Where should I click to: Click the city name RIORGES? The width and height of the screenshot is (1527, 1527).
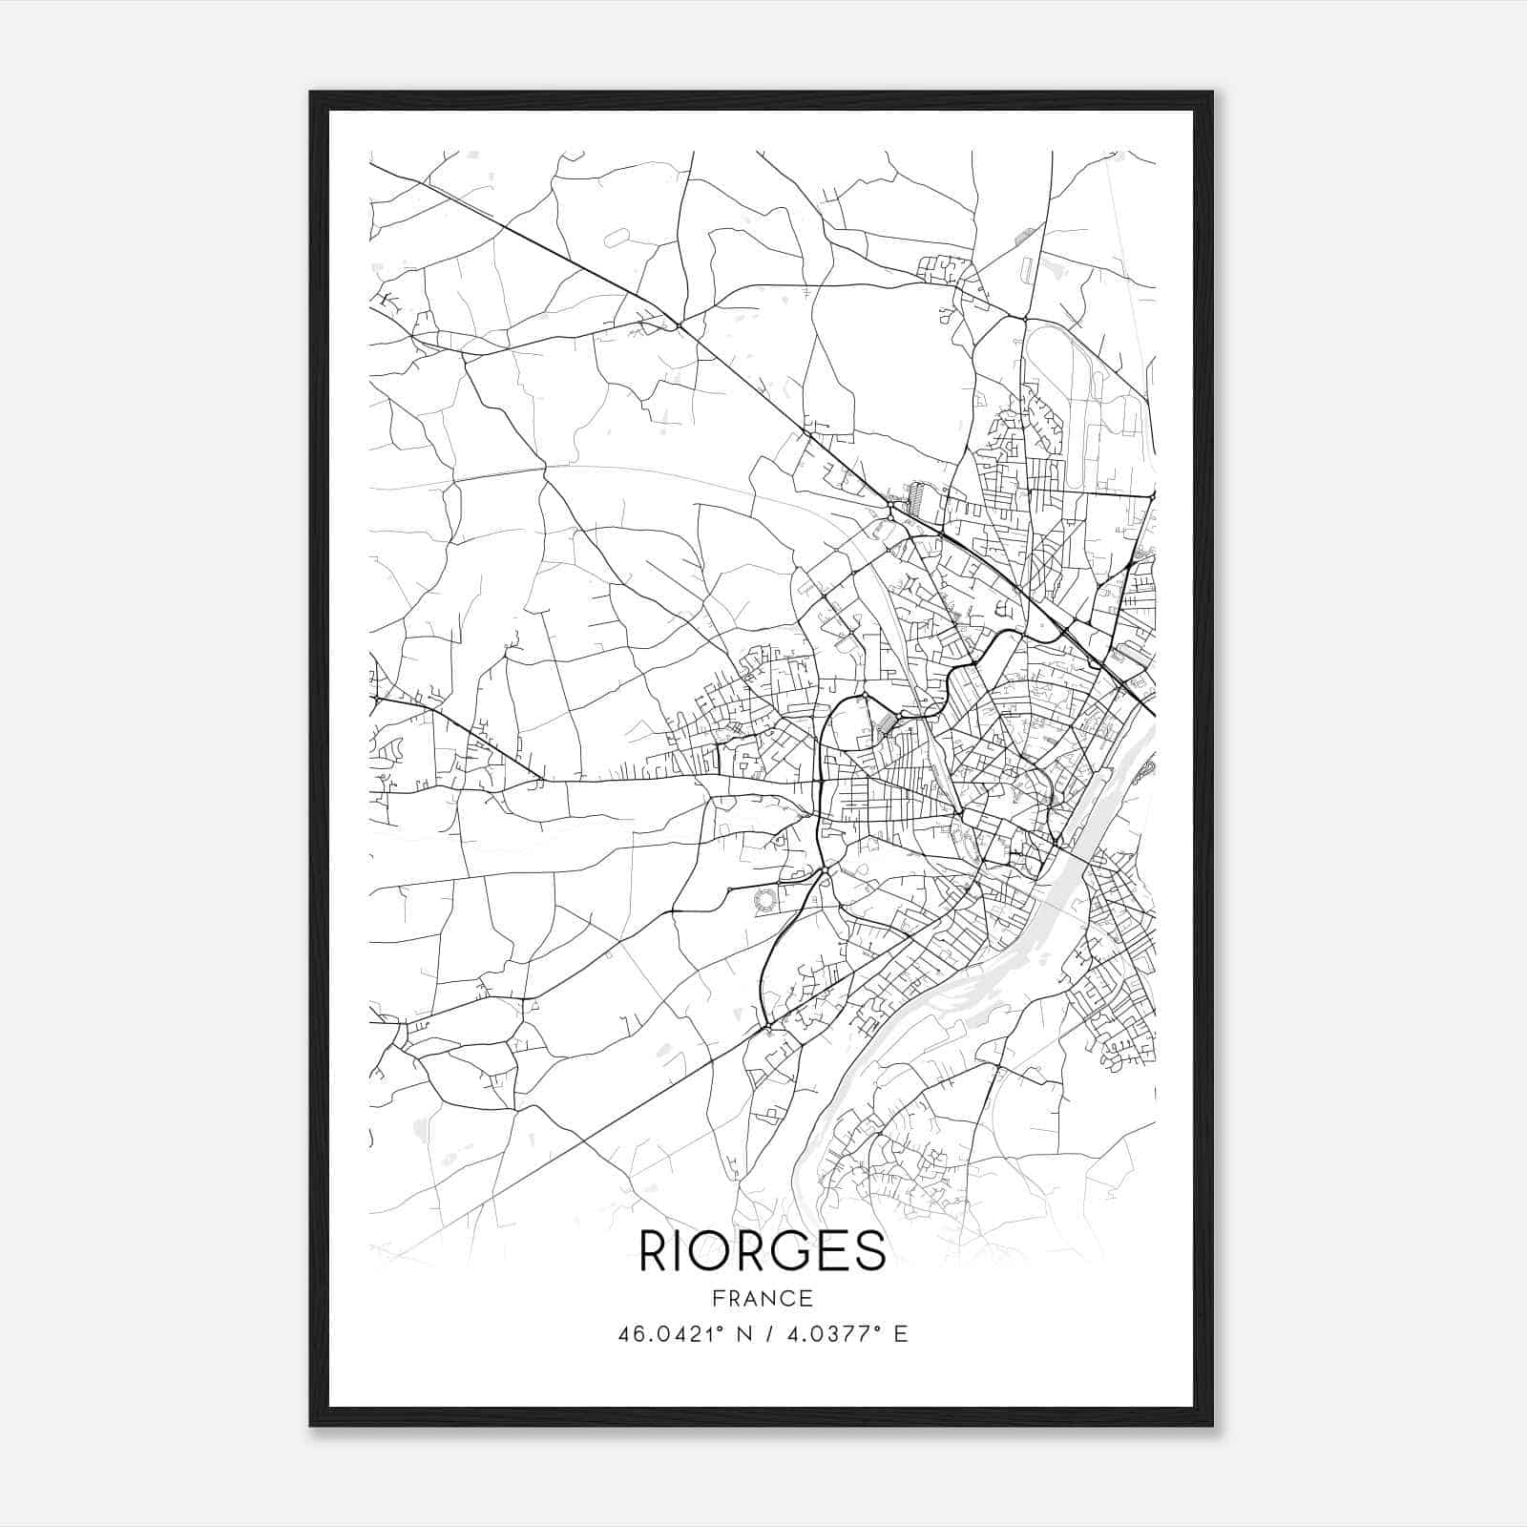pos(763,1251)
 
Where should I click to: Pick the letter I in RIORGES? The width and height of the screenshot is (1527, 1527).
pos(683,1251)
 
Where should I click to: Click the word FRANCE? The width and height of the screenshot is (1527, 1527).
pos(763,1298)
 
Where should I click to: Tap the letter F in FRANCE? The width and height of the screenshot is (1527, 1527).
pos(717,1298)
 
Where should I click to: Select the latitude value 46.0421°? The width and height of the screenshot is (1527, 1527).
pos(677,1333)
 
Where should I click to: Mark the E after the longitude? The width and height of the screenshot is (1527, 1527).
pos(901,1333)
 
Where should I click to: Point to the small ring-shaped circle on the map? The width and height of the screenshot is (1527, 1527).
pos(765,899)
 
